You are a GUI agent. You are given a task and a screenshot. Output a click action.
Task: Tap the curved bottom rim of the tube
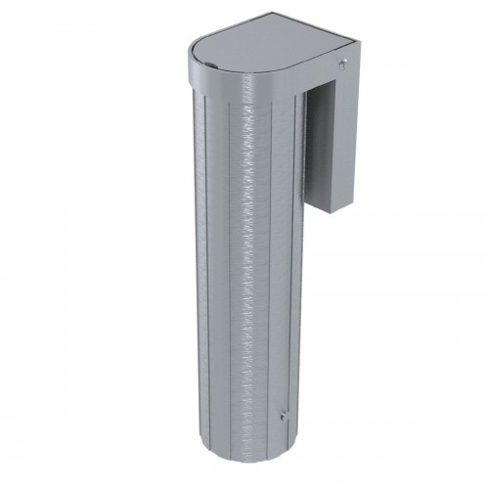coord(244,461)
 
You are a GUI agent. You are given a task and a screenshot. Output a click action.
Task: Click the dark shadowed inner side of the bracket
coord(318,147)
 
